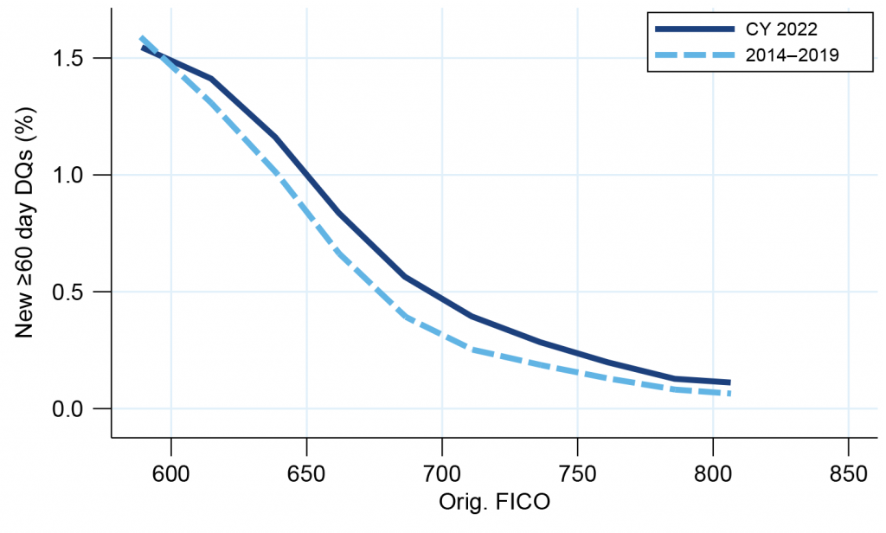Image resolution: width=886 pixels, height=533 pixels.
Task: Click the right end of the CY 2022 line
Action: pyautogui.click(x=729, y=382)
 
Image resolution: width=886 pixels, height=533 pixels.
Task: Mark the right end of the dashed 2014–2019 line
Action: pyautogui.click(x=729, y=394)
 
